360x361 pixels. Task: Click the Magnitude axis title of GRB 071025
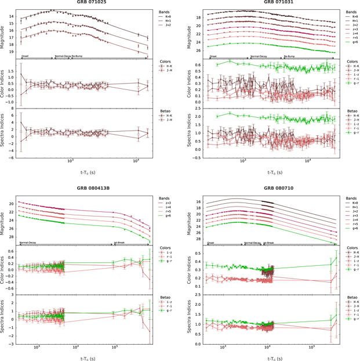pos(5,32)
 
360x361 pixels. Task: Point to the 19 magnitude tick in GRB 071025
pos(16,52)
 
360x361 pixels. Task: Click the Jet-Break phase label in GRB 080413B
pos(119,242)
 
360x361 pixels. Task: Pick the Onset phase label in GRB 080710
pos(210,242)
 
